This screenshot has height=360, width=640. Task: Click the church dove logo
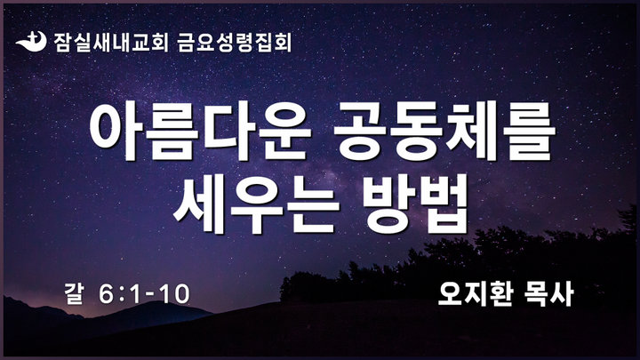click(x=30, y=42)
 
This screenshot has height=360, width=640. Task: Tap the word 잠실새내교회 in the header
click(x=110, y=43)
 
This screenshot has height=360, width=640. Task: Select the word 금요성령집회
click(x=235, y=43)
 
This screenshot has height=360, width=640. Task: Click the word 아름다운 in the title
click(x=200, y=130)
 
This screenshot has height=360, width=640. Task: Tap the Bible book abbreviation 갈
click(x=74, y=294)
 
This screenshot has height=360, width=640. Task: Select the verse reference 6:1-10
click(x=144, y=294)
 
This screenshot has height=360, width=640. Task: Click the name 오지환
click(x=475, y=294)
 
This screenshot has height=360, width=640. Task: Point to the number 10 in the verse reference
click(x=175, y=294)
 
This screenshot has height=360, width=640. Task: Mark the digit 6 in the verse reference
click(x=106, y=294)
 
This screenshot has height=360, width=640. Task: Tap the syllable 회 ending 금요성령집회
click(x=283, y=43)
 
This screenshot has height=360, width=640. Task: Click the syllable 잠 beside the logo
click(x=62, y=43)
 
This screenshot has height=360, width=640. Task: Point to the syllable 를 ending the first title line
click(x=530, y=130)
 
